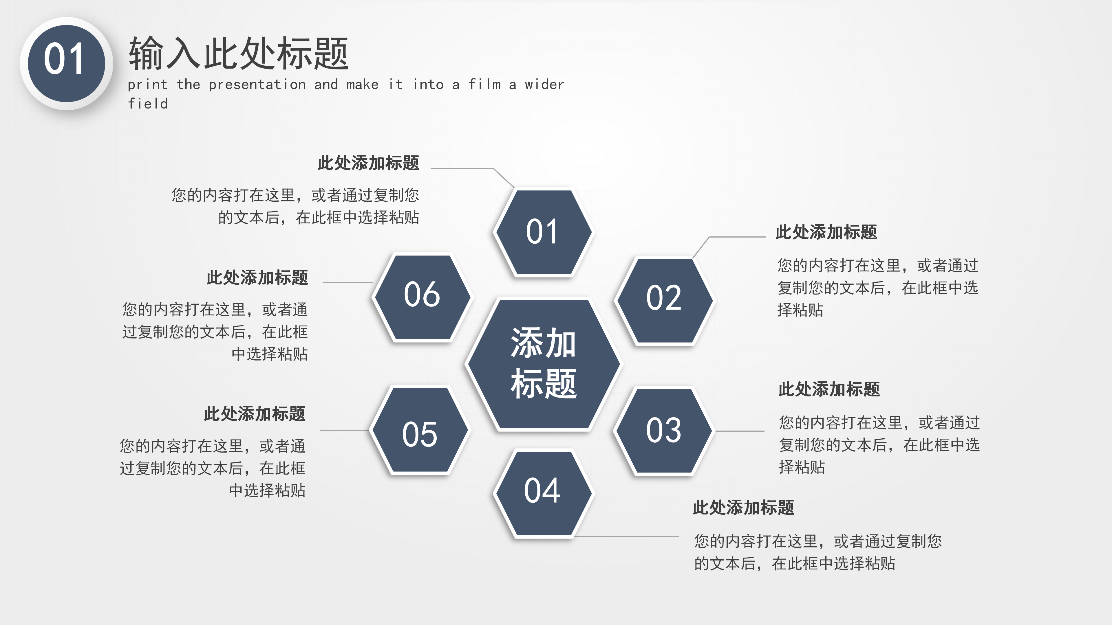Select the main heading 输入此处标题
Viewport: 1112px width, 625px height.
coord(238,54)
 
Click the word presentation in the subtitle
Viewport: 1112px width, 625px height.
coord(257,84)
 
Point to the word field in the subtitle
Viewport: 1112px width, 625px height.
coord(148,104)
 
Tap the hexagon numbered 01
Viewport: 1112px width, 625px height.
coord(543,232)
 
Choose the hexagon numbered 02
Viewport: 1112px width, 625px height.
coord(664,299)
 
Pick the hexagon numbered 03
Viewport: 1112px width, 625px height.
coord(664,431)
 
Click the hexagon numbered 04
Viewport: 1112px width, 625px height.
coord(543,492)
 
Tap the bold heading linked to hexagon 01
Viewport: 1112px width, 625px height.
coord(368,163)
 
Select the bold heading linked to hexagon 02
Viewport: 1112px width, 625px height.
coord(826,232)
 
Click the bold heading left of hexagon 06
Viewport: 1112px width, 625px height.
coord(257,277)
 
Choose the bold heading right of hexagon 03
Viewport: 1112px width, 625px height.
coord(829,389)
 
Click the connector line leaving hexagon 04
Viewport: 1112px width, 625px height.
coord(626,536)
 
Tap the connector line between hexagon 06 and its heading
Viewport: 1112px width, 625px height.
coord(348,282)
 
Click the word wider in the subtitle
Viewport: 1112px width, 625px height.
coord(544,84)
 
